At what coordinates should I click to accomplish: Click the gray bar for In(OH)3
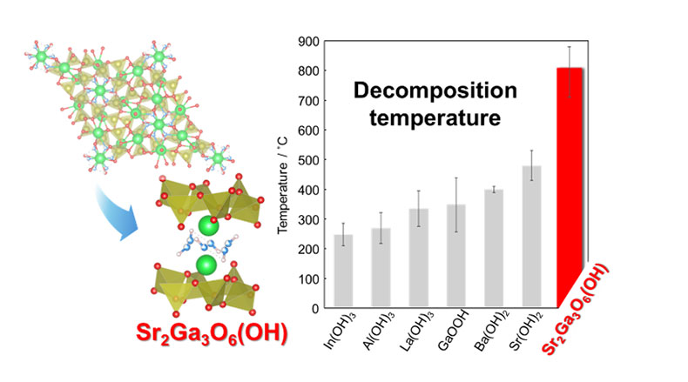[342, 271]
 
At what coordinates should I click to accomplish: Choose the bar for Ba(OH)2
[494, 248]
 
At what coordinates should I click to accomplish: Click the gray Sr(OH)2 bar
[532, 236]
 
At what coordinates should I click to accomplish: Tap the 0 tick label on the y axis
[313, 308]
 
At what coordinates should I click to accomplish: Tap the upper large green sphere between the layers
[206, 227]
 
